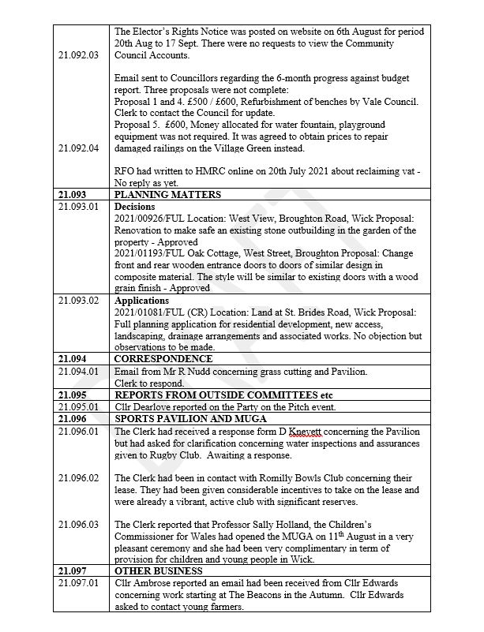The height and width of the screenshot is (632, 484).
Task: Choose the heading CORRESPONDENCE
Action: click(161, 360)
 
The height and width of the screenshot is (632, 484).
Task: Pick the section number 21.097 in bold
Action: click(73, 570)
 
